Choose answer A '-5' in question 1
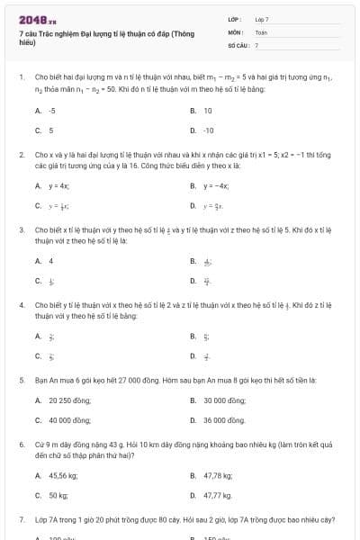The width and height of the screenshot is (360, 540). pos(51,111)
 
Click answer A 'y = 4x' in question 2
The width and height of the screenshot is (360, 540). pos(58,186)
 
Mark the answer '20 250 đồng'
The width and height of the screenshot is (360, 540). pos(67,400)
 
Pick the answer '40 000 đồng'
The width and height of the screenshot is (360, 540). pos(68,420)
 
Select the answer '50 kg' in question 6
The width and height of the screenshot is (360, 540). pos(58,495)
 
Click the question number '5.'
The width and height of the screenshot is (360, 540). pos(22,381)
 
